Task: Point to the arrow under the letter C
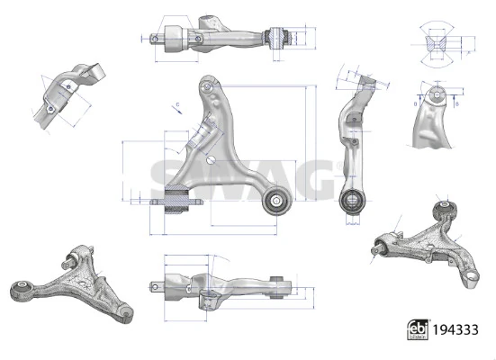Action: click(x=180, y=114)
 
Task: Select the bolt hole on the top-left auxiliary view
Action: click(x=51, y=111)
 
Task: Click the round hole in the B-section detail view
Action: click(x=436, y=94)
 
